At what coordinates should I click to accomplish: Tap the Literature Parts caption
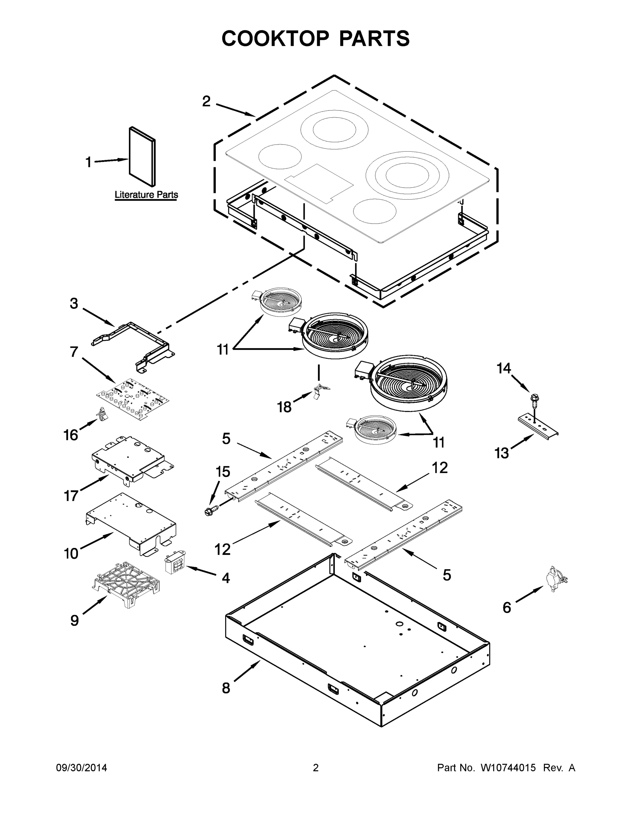coord(146,195)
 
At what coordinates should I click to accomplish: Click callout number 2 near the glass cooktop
coord(206,101)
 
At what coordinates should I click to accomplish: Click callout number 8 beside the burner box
coord(226,688)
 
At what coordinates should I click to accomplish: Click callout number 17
coord(71,496)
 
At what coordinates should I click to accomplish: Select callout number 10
coord(71,553)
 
